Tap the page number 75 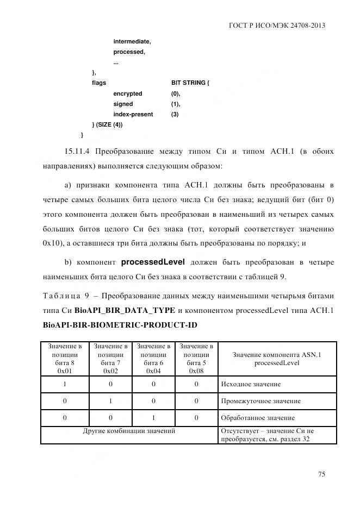[x=321, y=474]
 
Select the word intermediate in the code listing [x=132, y=41]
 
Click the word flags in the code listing [x=99, y=83]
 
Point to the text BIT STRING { [x=190, y=83]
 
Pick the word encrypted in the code [x=127, y=93]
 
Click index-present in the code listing [x=133, y=115]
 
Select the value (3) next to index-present [x=175, y=115]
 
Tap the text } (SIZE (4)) [x=107, y=125]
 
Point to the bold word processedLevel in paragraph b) [x=153, y=262]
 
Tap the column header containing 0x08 [x=196, y=358]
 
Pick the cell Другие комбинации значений [x=129, y=431]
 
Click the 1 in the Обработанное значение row [x=153, y=418]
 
